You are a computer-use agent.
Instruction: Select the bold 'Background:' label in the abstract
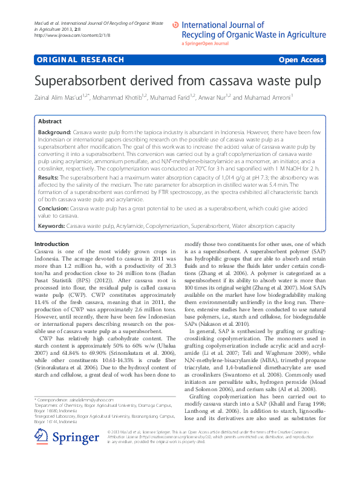pyautogui.click(x=54, y=131)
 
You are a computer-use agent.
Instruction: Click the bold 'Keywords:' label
pyautogui.click(x=51, y=225)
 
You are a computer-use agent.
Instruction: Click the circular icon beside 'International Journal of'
pyautogui.click(x=176, y=25)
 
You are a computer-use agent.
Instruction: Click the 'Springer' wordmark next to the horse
pyautogui.click(x=74, y=456)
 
